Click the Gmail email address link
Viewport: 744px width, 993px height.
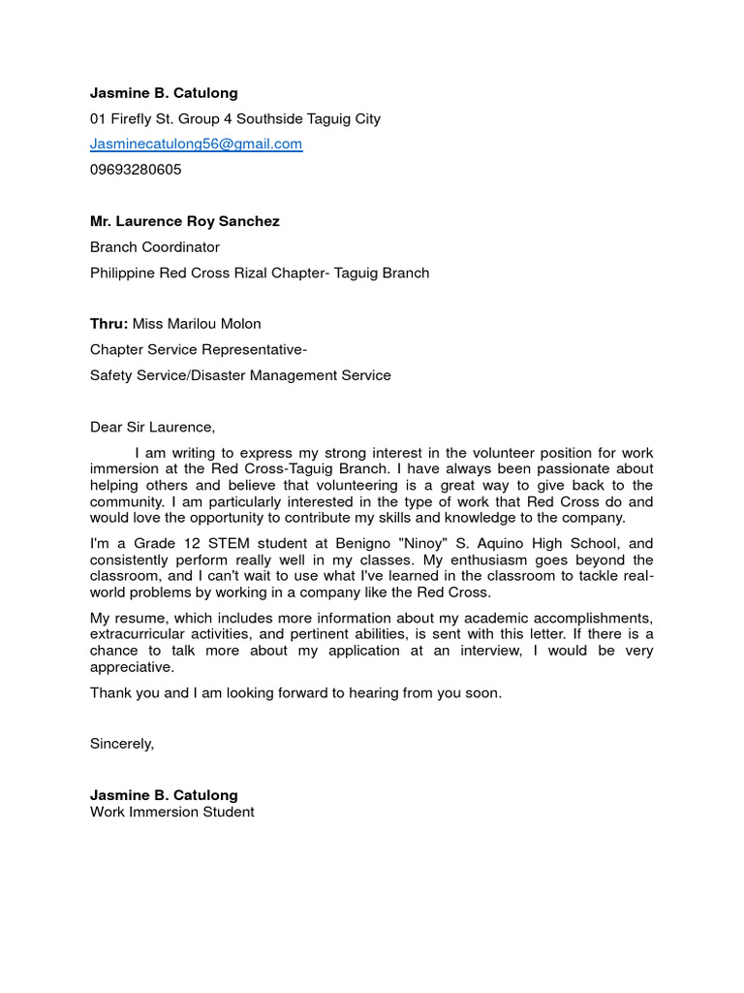coord(196,144)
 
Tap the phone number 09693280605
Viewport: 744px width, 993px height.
coord(136,170)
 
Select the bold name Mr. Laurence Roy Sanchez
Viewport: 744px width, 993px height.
coord(184,222)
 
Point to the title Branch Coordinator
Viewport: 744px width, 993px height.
coord(155,247)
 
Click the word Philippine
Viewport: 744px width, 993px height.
coord(125,273)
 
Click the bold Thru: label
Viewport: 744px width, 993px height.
coord(108,324)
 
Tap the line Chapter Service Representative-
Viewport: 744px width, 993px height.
coord(199,349)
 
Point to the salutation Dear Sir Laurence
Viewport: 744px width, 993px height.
coord(152,427)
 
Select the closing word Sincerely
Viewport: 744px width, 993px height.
coord(122,744)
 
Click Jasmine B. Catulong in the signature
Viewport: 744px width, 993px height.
coord(164,795)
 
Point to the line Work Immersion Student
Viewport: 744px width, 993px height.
coord(172,812)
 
